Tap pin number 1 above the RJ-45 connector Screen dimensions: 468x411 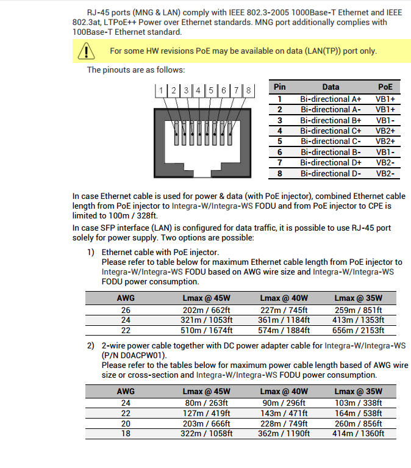pyautogui.click(x=161, y=90)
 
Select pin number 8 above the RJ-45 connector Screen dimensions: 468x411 pyautogui.click(x=249, y=90)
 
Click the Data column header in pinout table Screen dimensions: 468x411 pyautogui.click(x=331, y=87)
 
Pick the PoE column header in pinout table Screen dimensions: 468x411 pyautogui.click(x=385, y=87)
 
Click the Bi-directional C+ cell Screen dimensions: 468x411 pyautogui.click(x=331, y=131)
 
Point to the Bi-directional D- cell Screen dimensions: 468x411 pyautogui.click(x=331, y=173)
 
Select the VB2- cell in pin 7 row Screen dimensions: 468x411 pyautogui.click(x=385, y=163)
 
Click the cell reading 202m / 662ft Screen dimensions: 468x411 pyautogui.click(x=206, y=309)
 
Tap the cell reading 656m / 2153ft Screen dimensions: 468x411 pyautogui.click(x=359, y=330)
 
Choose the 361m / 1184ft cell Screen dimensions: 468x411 pyautogui.click(x=284, y=320)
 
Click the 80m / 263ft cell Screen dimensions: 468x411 pyautogui.click(x=206, y=403)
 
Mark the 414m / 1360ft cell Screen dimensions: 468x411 pyautogui.click(x=359, y=434)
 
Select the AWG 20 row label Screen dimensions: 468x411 pyautogui.click(x=126, y=423)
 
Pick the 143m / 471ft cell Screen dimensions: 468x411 pyautogui.click(x=284, y=413)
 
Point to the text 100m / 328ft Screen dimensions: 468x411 pyautogui.click(x=126, y=216)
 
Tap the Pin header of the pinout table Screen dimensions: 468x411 pyautogui.click(x=279, y=87)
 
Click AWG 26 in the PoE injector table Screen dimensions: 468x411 pyautogui.click(x=126, y=309)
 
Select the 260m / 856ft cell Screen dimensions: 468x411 pyautogui.click(x=359, y=423)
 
